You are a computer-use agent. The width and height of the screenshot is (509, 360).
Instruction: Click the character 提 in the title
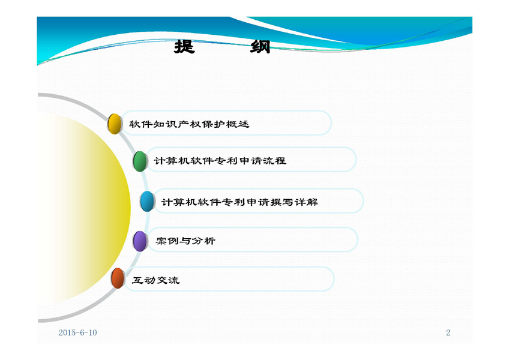pyautogui.click(x=184, y=47)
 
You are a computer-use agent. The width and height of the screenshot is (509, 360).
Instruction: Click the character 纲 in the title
pyautogui.click(x=260, y=47)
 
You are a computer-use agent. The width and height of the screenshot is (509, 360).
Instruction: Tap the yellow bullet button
pyautogui.click(x=114, y=124)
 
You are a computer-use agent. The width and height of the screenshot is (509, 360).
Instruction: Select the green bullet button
pyautogui.click(x=140, y=161)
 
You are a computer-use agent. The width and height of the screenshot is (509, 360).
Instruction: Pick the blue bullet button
pyautogui.click(x=146, y=202)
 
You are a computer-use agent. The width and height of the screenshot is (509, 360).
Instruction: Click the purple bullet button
pyautogui.click(x=140, y=241)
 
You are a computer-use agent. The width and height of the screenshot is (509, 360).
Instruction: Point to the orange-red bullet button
pyautogui.click(x=118, y=278)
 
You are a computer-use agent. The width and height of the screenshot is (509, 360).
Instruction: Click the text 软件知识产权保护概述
pyautogui.click(x=189, y=124)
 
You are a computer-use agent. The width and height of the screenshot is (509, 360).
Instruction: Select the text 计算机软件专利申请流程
pyautogui.click(x=220, y=161)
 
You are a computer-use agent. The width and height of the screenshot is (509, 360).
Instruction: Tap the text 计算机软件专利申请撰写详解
pyautogui.click(x=239, y=202)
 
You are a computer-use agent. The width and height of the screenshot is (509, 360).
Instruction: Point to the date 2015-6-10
pyautogui.click(x=78, y=332)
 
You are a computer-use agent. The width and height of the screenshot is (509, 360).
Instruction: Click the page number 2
pyautogui.click(x=448, y=332)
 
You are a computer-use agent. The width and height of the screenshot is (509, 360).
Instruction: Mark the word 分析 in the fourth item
pyautogui.click(x=203, y=241)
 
